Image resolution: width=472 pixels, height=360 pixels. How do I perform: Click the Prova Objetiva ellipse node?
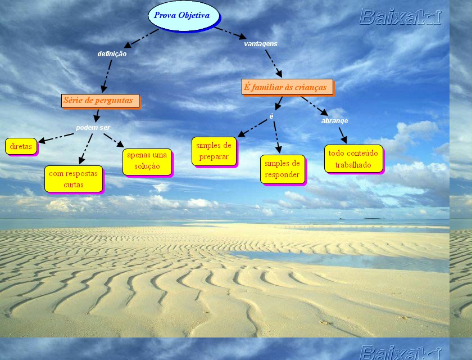[x=181, y=15]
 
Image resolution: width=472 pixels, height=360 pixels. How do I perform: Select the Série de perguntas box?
[x=100, y=101]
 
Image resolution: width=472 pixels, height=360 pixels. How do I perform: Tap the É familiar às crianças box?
[x=287, y=87]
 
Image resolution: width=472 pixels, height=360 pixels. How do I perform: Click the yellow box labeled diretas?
[x=21, y=146]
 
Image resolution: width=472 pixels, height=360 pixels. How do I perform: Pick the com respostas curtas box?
[x=73, y=179]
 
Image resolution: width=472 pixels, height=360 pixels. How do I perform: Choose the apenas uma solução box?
[x=147, y=161]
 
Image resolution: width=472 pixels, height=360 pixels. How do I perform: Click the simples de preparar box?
[x=214, y=151]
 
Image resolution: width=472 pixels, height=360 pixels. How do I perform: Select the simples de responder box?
[x=282, y=169]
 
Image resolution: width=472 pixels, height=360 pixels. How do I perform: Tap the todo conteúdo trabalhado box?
[x=353, y=159]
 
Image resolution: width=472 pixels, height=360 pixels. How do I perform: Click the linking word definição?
[x=112, y=54]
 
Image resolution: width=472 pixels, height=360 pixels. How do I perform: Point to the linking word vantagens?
[x=260, y=43]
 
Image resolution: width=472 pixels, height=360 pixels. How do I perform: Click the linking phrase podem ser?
[x=93, y=128]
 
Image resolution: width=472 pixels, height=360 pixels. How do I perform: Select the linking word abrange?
[x=334, y=120]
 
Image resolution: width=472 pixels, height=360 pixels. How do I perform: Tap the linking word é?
[x=271, y=116]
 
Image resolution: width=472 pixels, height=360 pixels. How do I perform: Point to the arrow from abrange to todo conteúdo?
[x=342, y=135]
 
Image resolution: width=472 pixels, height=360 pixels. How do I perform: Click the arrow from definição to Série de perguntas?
[x=106, y=75]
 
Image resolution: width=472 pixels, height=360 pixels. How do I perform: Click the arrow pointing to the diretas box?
[x=56, y=138]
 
